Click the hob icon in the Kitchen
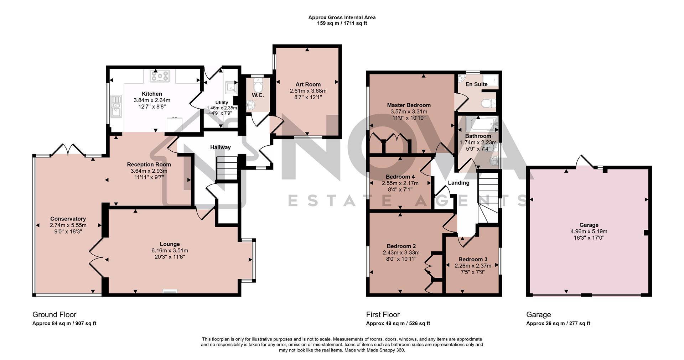pyautogui.click(x=160, y=76)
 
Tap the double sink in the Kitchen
pyautogui.click(x=116, y=106)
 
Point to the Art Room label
pyautogui.click(x=308, y=84)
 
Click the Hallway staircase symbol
pyautogui.click(x=226, y=169)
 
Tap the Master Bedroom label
pyautogui.click(x=409, y=105)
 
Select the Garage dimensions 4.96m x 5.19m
pyautogui.click(x=589, y=231)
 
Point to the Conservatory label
pyautogui.click(x=68, y=219)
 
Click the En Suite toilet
pyautogui.click(x=487, y=103)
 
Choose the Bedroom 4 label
pyautogui.click(x=400, y=177)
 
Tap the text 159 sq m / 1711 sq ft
pyautogui.click(x=342, y=24)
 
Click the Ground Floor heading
pyautogui.click(x=54, y=314)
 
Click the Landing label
pyautogui.click(x=458, y=183)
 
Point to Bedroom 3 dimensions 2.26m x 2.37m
pyautogui.click(x=473, y=266)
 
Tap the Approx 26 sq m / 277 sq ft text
pyautogui.click(x=558, y=323)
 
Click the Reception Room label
pyautogui.click(x=149, y=165)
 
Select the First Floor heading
pyautogui.click(x=383, y=314)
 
